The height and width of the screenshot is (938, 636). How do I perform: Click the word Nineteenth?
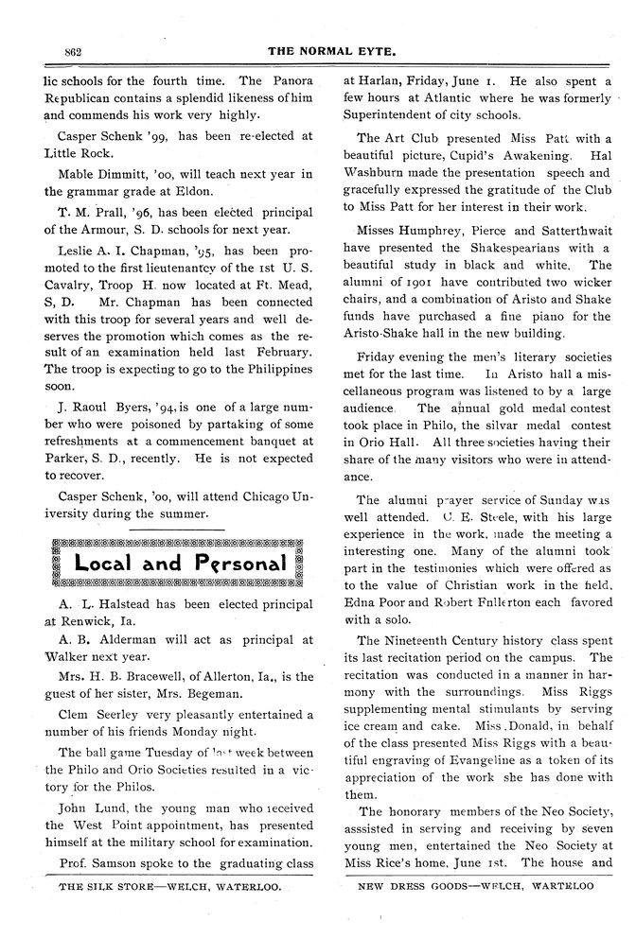(417, 641)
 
